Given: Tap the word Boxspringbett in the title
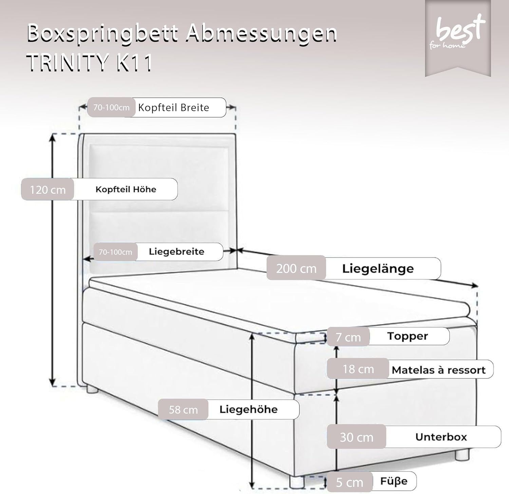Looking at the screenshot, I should [x=102, y=34].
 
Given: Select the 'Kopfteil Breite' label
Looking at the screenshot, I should [x=174, y=108].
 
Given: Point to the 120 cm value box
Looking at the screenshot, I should [x=48, y=190].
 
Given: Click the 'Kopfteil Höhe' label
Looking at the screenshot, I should [x=126, y=189].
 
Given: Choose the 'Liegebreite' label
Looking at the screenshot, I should [x=176, y=252].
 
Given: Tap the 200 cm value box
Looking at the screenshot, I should [x=296, y=268].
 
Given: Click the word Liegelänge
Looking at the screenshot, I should [x=378, y=269].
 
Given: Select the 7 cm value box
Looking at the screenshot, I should [x=348, y=337].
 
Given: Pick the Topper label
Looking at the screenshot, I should [x=408, y=336].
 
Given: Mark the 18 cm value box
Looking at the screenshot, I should [x=358, y=369].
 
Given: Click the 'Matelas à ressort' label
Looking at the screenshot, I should [x=438, y=370].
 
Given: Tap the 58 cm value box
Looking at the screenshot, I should [x=183, y=410].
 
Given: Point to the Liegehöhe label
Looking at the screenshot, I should [x=248, y=409].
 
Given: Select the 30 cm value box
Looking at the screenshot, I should [x=356, y=437].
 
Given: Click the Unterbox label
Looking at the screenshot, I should [x=441, y=437].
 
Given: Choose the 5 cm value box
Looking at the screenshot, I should [x=350, y=482].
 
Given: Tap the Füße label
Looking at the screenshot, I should [x=394, y=481].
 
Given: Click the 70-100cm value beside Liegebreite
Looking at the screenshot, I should [x=115, y=252].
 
